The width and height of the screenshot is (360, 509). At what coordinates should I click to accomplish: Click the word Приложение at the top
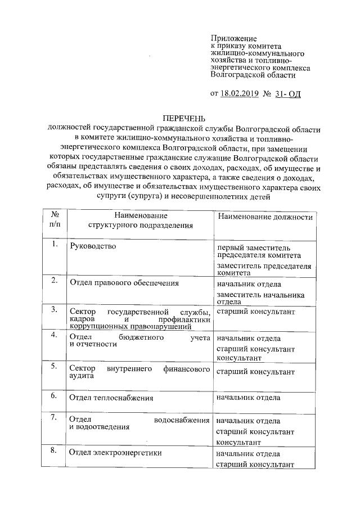point(233,37)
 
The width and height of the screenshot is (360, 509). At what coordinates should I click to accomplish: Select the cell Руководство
point(92,246)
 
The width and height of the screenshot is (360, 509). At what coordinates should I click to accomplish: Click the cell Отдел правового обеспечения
point(124,283)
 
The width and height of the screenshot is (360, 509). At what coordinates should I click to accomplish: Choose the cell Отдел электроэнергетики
point(115,453)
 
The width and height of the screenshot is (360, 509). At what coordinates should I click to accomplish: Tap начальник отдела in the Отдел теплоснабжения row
point(249,397)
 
